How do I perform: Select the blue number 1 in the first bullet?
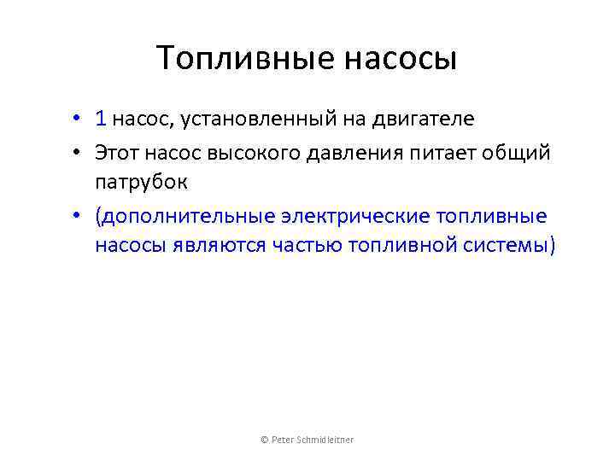click(101, 119)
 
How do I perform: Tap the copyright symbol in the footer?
click(263, 440)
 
